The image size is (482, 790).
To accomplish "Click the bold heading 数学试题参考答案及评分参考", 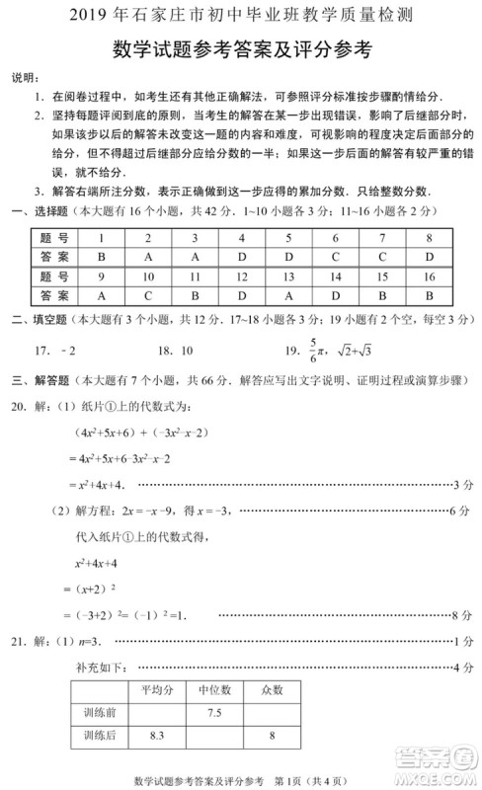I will point(241,50).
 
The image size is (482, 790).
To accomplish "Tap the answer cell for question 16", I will point(429,294).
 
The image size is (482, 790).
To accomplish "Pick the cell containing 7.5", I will point(213,711).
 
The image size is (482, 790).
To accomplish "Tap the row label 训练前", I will point(100,711).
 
